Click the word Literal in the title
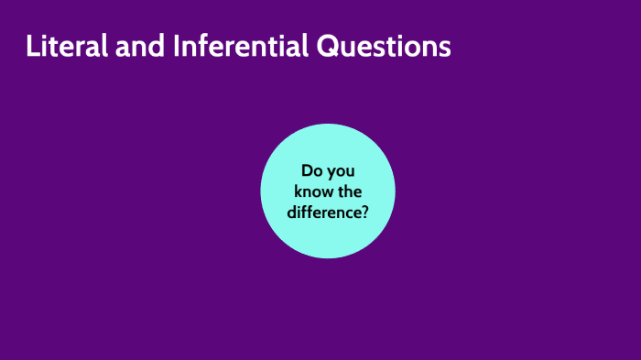(67, 47)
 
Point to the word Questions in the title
(384, 48)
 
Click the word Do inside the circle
(312, 171)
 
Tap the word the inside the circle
(350, 191)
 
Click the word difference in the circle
(323, 212)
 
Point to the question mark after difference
(364, 212)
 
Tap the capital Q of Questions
(329, 48)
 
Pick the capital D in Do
(307, 171)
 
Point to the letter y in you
(331, 174)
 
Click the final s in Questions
(445, 49)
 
